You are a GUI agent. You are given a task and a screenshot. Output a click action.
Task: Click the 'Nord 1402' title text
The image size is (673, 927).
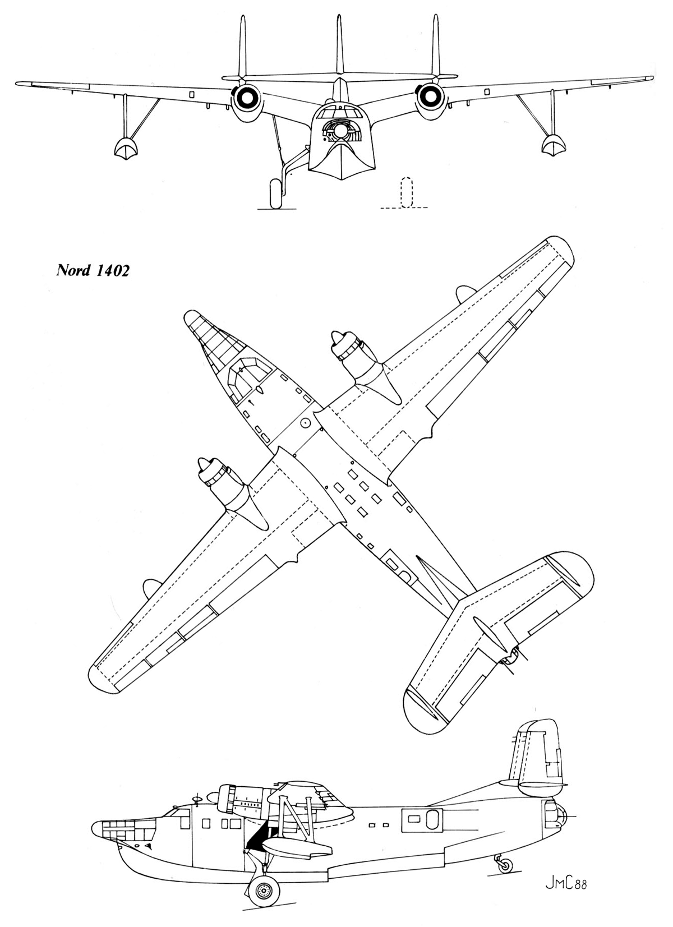(93, 270)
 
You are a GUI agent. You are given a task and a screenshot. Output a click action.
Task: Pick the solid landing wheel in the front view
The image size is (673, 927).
(275, 193)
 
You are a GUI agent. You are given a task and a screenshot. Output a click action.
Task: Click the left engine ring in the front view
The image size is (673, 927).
(247, 98)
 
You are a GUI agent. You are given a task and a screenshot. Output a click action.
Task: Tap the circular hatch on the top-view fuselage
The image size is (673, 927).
(306, 423)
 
